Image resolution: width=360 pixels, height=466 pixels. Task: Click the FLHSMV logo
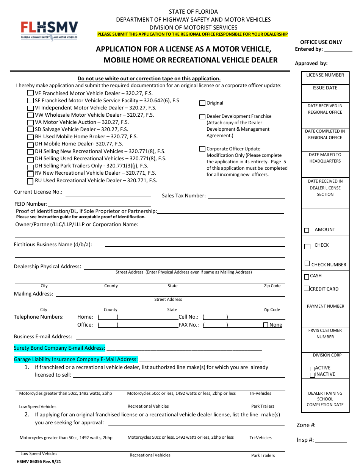pos(49,30)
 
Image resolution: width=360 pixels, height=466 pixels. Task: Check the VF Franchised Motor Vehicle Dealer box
pos(30,93)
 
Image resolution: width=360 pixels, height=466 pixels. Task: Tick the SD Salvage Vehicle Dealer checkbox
pos(30,130)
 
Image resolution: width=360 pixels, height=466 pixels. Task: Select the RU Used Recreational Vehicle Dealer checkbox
pos(30,181)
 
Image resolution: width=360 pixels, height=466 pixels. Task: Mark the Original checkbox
pos(202,103)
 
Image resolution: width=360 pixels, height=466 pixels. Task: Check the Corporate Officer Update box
pos(202,149)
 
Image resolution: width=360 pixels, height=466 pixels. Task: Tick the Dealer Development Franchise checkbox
pos(202,117)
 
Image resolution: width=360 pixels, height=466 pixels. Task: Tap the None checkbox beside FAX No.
pos(266,325)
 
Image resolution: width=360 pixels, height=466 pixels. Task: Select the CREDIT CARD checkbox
pos(307,289)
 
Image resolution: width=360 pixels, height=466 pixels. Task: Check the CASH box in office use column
pos(307,277)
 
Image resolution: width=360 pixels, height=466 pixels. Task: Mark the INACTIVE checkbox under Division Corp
pos(312,375)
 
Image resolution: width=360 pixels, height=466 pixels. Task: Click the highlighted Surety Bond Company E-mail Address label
pos(59,348)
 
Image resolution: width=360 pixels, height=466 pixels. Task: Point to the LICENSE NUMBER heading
pos(325,75)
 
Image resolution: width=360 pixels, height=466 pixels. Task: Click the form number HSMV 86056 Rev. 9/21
pos(39,461)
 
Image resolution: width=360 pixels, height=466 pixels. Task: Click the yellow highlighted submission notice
pos(193,34)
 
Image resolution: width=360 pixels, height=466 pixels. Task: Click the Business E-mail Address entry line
pos(180,338)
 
